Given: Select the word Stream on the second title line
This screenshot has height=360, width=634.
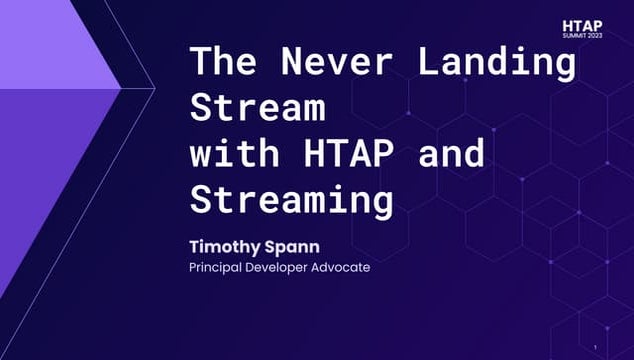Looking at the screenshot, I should [x=258, y=107].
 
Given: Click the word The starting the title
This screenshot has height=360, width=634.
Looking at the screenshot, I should [x=221, y=62].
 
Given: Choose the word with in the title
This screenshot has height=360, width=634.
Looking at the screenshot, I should [x=237, y=154].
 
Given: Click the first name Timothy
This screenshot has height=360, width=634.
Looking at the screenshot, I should [x=223, y=246].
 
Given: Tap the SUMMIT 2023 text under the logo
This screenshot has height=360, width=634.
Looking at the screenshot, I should [x=584, y=35].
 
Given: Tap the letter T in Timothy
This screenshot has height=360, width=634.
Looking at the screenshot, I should [x=194, y=246].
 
